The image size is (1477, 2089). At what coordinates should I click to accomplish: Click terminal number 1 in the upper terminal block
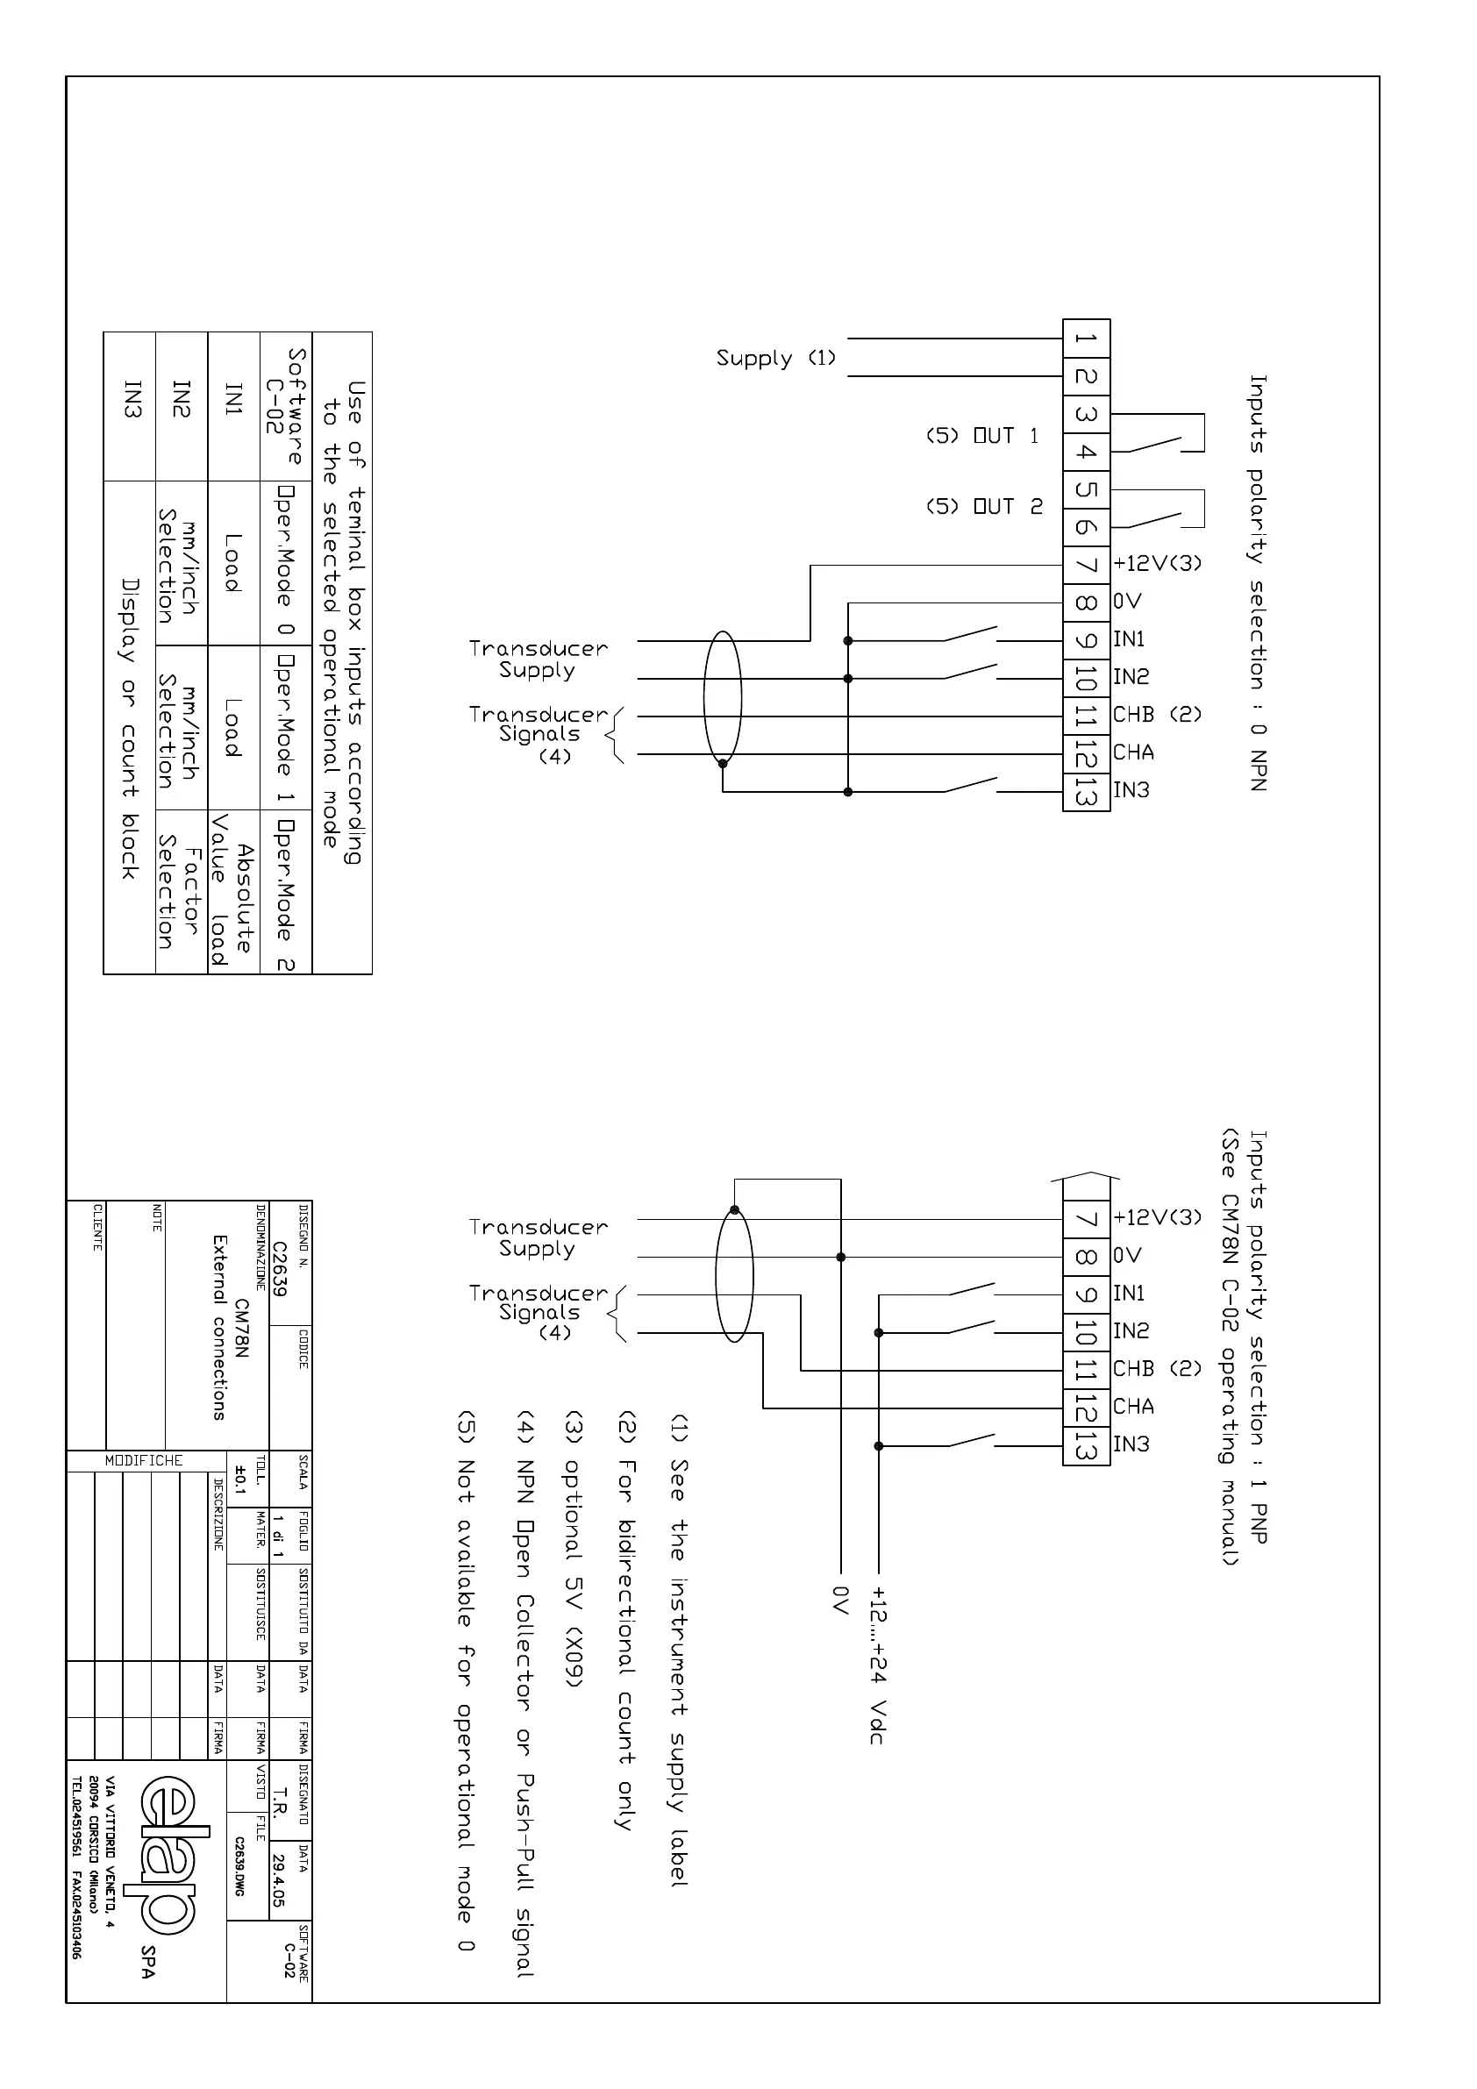(x=1086, y=339)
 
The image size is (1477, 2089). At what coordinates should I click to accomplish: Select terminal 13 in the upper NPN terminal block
(x=1086, y=793)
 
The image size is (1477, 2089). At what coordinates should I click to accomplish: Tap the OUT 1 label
(x=983, y=436)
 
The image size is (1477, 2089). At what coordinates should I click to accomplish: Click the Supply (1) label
(x=775, y=358)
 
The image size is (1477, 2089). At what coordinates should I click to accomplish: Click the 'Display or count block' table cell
(x=129, y=728)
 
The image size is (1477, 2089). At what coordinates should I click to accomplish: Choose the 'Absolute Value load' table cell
(x=232, y=893)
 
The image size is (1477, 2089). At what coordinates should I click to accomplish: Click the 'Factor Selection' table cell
(x=178, y=893)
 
